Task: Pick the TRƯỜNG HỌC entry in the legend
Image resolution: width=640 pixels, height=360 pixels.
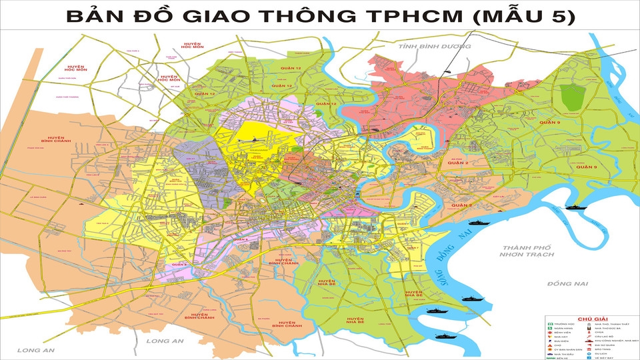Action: (x=564, y=324)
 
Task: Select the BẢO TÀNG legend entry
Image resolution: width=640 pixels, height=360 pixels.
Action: (x=602, y=349)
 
